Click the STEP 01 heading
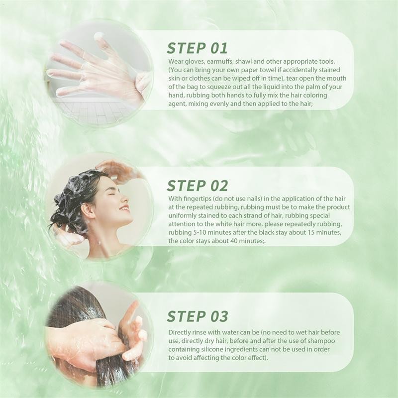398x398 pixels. (x=197, y=48)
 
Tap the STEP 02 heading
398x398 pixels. (x=197, y=186)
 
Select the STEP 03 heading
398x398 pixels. (x=197, y=316)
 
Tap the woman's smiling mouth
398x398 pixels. (x=123, y=208)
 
